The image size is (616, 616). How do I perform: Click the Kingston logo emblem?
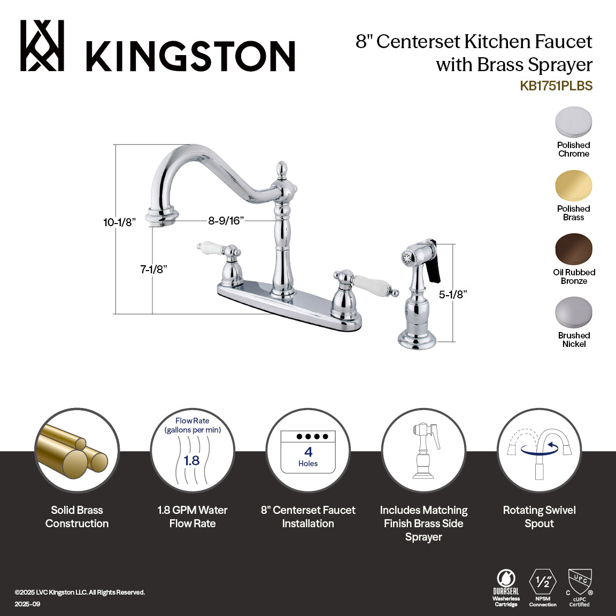[42, 46]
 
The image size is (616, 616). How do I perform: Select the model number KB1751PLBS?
[556, 86]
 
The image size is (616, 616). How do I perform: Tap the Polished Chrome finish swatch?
[573, 122]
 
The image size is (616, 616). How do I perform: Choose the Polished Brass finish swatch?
[573, 186]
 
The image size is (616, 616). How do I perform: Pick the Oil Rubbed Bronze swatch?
[573, 249]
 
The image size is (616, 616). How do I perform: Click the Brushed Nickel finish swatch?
[573, 313]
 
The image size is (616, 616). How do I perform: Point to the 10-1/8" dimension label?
[120, 222]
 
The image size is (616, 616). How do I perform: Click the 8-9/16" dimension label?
[226, 220]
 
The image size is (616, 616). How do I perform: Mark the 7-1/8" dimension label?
[154, 269]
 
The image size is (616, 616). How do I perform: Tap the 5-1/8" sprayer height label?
[453, 294]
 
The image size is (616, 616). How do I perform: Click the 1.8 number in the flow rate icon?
[191, 460]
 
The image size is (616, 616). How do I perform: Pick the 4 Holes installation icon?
[308, 452]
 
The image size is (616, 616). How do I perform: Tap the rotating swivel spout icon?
[539, 450]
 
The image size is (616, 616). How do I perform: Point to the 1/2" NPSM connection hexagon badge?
[543, 582]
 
